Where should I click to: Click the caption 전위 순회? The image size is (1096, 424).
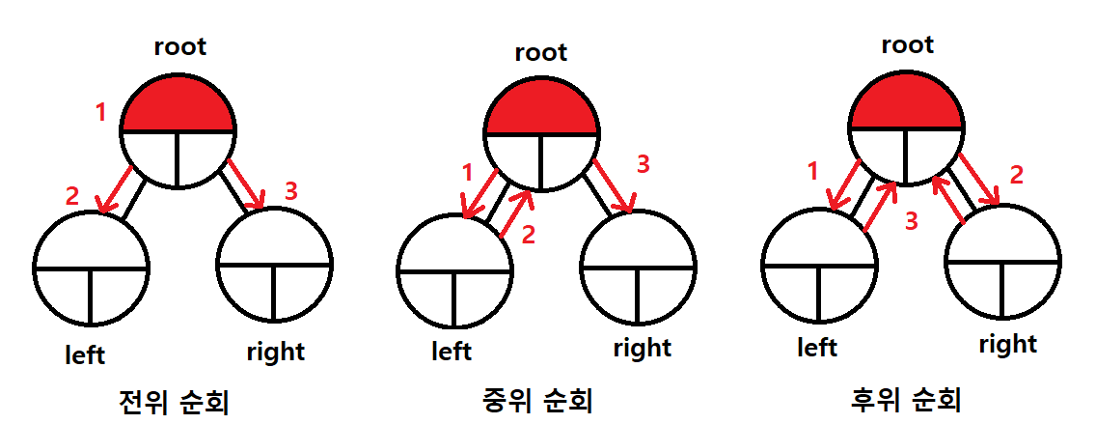pyautogui.click(x=173, y=401)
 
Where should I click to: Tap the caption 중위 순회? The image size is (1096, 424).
pyautogui.click(x=536, y=399)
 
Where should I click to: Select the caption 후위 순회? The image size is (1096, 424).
pyautogui.click(x=906, y=399)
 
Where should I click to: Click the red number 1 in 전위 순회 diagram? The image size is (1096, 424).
pyautogui.click(x=100, y=113)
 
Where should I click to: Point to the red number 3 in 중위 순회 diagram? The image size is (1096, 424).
pyautogui.click(x=644, y=164)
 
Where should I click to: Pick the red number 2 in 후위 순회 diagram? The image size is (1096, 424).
pyautogui.click(x=1014, y=175)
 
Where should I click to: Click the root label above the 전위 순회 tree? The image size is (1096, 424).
pyautogui.click(x=180, y=46)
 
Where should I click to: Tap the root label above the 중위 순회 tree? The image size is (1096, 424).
pyautogui.click(x=541, y=52)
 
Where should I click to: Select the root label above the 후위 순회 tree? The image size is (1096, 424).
pyautogui.click(x=907, y=44)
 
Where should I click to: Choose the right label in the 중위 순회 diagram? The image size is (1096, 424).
pyautogui.click(x=643, y=347)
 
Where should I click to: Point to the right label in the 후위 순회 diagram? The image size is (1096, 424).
pyautogui.click(x=1007, y=344)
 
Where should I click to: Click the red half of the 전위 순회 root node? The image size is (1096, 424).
pyautogui.click(x=178, y=108)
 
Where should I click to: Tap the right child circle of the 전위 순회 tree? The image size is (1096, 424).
pyautogui.click(x=275, y=263)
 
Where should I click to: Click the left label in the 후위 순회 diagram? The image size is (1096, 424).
pyautogui.click(x=817, y=347)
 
